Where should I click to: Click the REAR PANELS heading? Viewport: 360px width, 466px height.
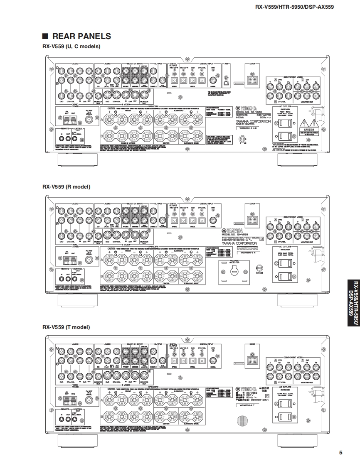[81, 37]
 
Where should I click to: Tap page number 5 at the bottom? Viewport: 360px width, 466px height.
[340, 453]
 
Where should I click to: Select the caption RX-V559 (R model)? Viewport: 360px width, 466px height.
[66, 186]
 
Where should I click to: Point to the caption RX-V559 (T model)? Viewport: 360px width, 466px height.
[66, 327]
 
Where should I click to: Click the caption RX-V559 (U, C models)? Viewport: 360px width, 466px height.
[71, 47]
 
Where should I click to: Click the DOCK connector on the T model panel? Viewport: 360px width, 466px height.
[252, 360]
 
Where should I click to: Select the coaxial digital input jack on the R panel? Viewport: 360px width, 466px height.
[213, 221]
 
